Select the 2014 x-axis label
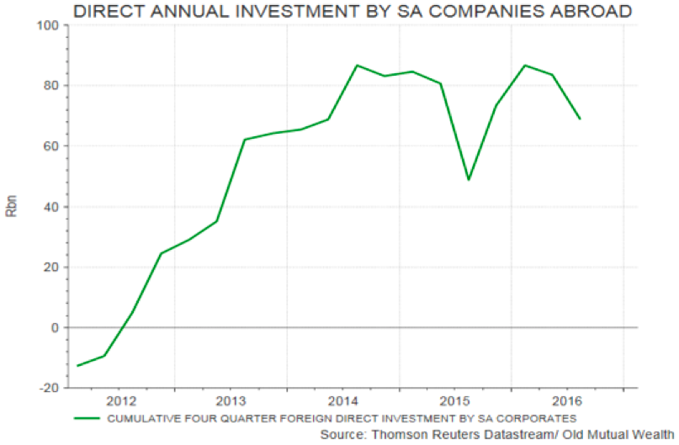pyautogui.click(x=343, y=400)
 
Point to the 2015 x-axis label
pyautogui.click(x=455, y=400)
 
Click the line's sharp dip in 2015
pyautogui.click(x=469, y=180)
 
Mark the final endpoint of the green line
pyautogui.click(x=581, y=119)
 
